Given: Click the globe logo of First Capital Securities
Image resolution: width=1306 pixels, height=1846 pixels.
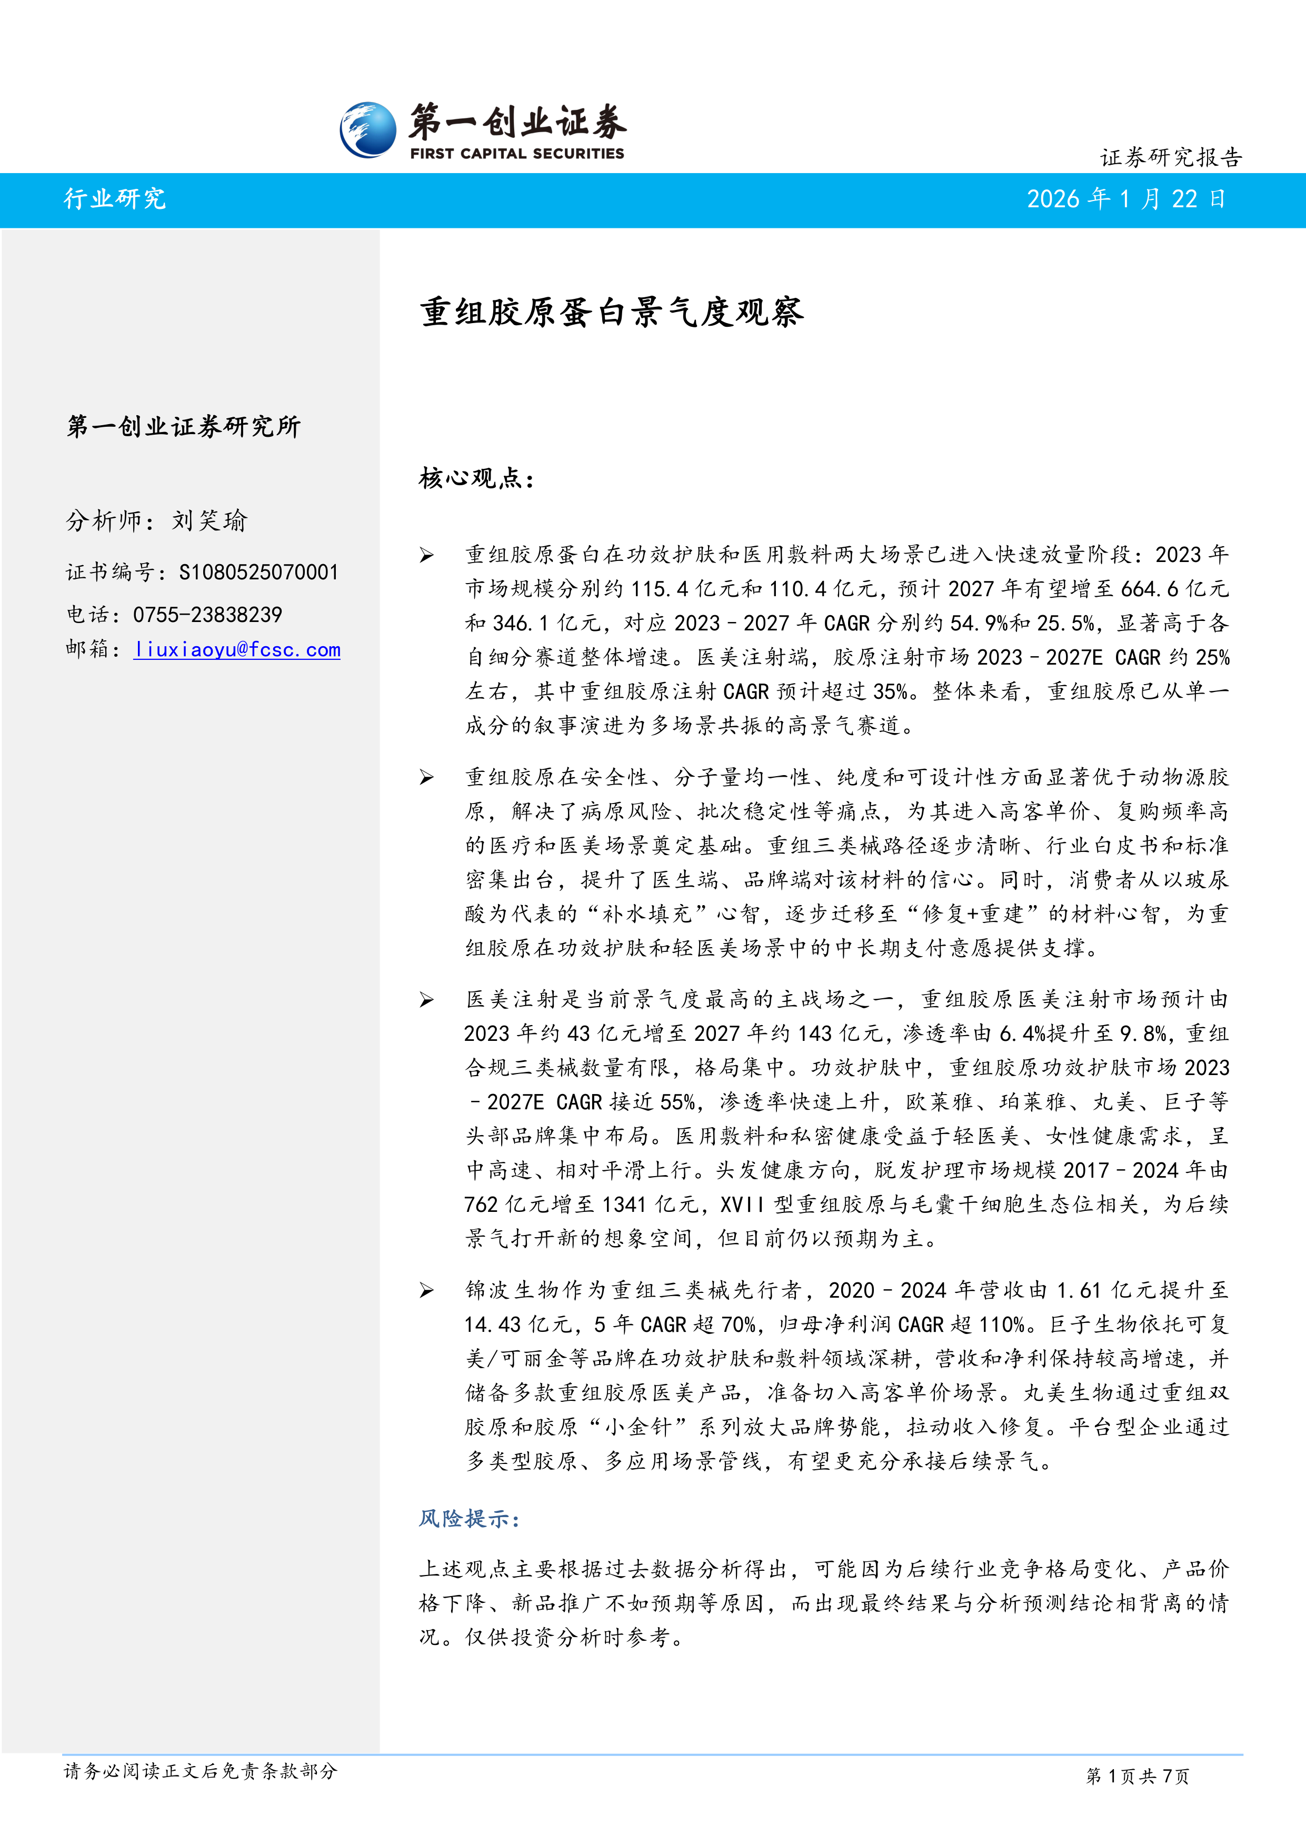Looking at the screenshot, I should [367, 129].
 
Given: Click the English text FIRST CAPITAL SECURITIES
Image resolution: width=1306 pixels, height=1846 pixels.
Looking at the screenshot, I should [516, 154].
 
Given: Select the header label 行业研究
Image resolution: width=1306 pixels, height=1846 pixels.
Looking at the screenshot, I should [115, 198].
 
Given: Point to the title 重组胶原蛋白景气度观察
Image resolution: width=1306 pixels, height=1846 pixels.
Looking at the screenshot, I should [611, 312].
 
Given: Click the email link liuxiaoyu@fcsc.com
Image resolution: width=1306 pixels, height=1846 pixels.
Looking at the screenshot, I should [237, 650].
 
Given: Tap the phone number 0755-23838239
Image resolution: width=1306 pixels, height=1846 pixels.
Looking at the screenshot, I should [207, 615].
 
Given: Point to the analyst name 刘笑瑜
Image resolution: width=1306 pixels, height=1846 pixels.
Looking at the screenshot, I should [209, 521].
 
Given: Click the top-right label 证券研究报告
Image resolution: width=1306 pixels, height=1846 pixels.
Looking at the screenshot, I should [1171, 157].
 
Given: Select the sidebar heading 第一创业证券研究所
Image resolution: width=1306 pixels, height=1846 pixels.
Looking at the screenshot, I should [183, 426].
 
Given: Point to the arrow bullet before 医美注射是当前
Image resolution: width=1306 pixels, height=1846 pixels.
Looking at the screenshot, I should [426, 1000].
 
